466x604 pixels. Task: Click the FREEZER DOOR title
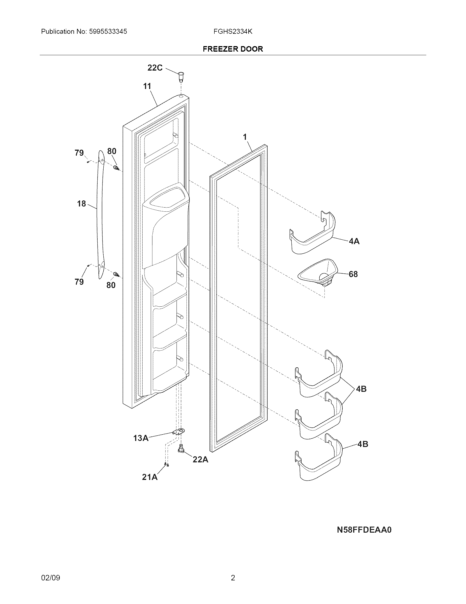point(233,49)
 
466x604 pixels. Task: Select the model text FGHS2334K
point(233,32)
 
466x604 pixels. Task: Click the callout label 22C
point(155,68)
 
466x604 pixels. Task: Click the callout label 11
point(147,86)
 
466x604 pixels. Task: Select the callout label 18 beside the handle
point(81,204)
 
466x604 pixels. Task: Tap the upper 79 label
point(79,153)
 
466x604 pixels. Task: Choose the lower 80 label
point(111,285)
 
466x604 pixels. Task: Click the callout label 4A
point(354,241)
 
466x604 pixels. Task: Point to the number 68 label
point(353,274)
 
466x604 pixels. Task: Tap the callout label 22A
point(200,459)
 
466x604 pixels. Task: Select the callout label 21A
point(150,477)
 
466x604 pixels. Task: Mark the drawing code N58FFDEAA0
point(364,530)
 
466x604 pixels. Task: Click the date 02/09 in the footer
point(50,578)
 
